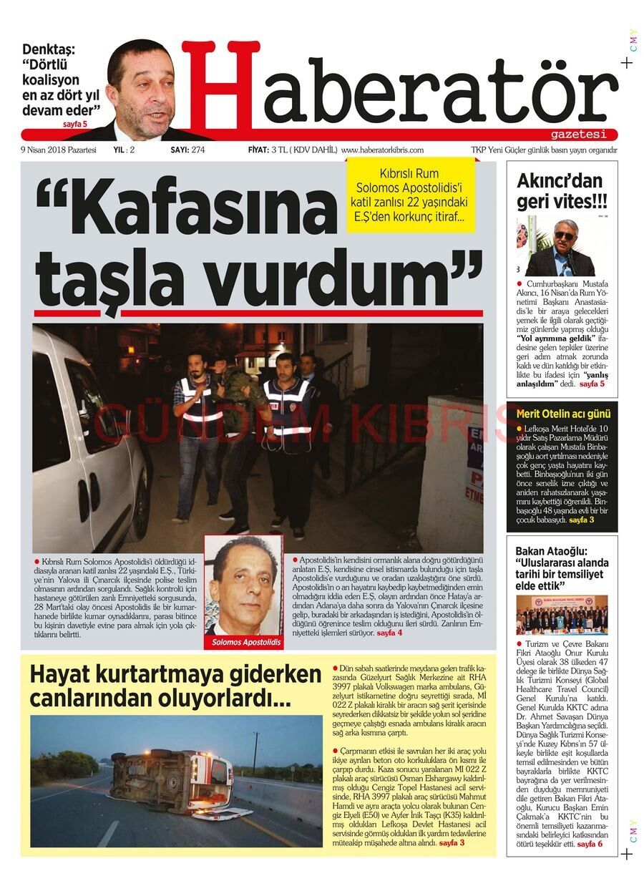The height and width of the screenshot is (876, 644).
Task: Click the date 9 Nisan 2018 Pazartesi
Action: click(x=59, y=150)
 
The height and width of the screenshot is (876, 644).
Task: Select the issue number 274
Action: click(x=198, y=150)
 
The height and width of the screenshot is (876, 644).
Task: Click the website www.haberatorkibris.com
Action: click(x=383, y=150)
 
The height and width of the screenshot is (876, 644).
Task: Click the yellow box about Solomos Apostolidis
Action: click(x=410, y=194)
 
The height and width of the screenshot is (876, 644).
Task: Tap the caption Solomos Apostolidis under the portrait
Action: click(x=244, y=643)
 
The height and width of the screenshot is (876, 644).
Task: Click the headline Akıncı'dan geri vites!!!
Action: click(x=560, y=191)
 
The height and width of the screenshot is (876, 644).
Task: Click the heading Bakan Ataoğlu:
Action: click(x=551, y=551)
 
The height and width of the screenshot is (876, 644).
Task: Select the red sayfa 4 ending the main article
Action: click(x=389, y=633)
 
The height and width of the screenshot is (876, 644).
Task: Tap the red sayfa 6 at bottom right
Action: click(x=590, y=845)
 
